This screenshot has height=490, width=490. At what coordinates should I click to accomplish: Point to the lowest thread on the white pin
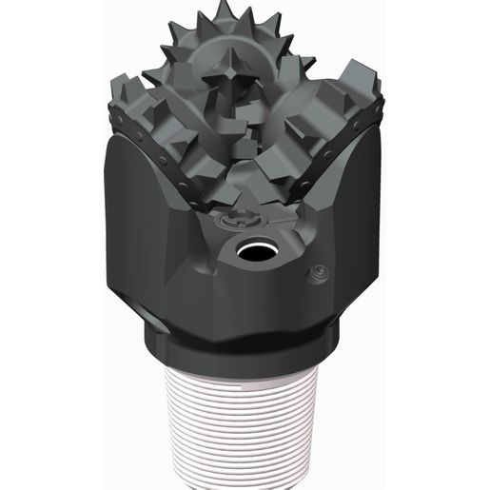[245, 480]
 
